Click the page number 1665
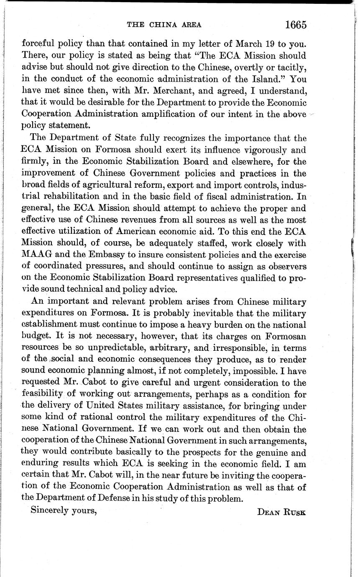[296, 24]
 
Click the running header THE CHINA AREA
[164, 25]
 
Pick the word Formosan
[285, 336]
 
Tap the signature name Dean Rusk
[281, 512]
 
